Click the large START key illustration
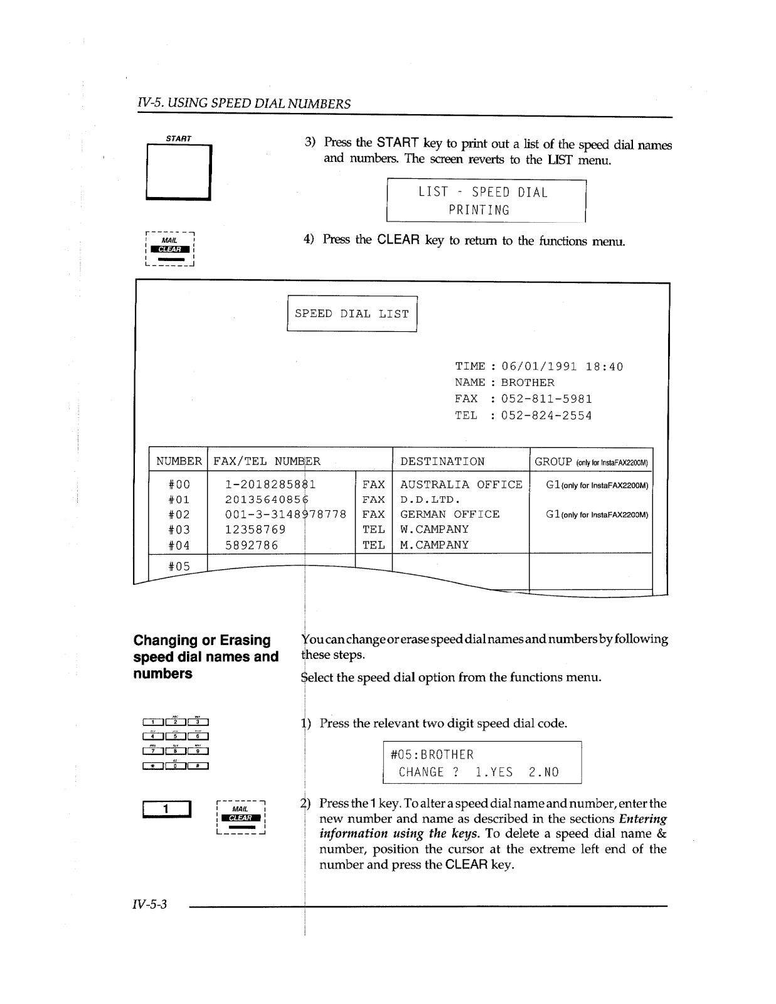179,171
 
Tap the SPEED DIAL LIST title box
352,314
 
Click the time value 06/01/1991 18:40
562,366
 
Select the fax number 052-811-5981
546,399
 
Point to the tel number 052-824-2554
546,415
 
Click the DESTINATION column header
442,462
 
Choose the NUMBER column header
179,462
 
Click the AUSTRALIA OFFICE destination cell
461,484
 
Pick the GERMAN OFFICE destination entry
450,515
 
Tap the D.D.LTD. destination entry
430,500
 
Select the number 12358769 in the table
255,530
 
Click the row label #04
179,545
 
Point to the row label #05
179,566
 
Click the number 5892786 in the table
252,545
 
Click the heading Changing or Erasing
202,640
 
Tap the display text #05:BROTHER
432,755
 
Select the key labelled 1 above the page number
166,809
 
